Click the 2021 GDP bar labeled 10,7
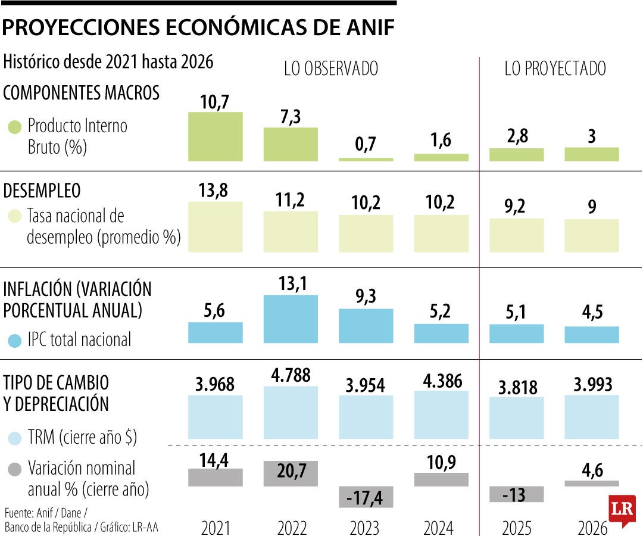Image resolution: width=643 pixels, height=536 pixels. click(215, 136)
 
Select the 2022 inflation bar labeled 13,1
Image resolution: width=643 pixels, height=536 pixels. click(291, 319)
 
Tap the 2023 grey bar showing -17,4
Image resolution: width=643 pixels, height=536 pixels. click(366, 497)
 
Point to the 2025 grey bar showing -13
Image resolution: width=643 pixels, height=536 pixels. click(516, 494)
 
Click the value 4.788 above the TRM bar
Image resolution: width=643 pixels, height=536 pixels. click(291, 376)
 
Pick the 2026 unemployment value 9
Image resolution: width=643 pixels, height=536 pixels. click(591, 207)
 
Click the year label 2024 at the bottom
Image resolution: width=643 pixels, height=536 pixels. click(441, 527)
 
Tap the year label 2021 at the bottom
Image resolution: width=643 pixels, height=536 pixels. click(215, 527)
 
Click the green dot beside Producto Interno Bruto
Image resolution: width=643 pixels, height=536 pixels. click(15, 127)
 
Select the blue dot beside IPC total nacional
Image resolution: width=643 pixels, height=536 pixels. click(15, 341)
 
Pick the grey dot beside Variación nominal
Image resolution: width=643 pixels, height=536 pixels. click(15, 469)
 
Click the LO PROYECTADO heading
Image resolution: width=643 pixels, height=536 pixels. click(555, 69)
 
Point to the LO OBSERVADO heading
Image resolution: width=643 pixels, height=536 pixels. click(330, 69)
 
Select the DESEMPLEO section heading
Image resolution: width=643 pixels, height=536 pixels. click(42, 191)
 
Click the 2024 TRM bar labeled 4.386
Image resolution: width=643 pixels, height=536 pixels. click(441, 415)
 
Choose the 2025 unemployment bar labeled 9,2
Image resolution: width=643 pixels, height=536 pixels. click(516, 235)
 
